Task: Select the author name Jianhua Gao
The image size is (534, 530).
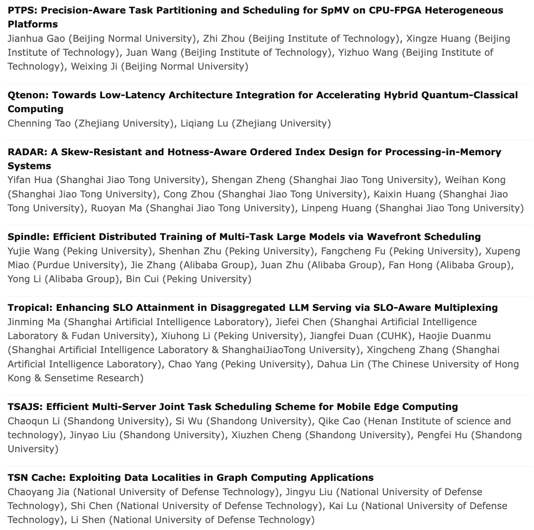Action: click(x=36, y=39)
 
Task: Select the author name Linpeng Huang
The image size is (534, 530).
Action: click(x=336, y=208)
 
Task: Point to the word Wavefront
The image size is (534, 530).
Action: click(x=393, y=237)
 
